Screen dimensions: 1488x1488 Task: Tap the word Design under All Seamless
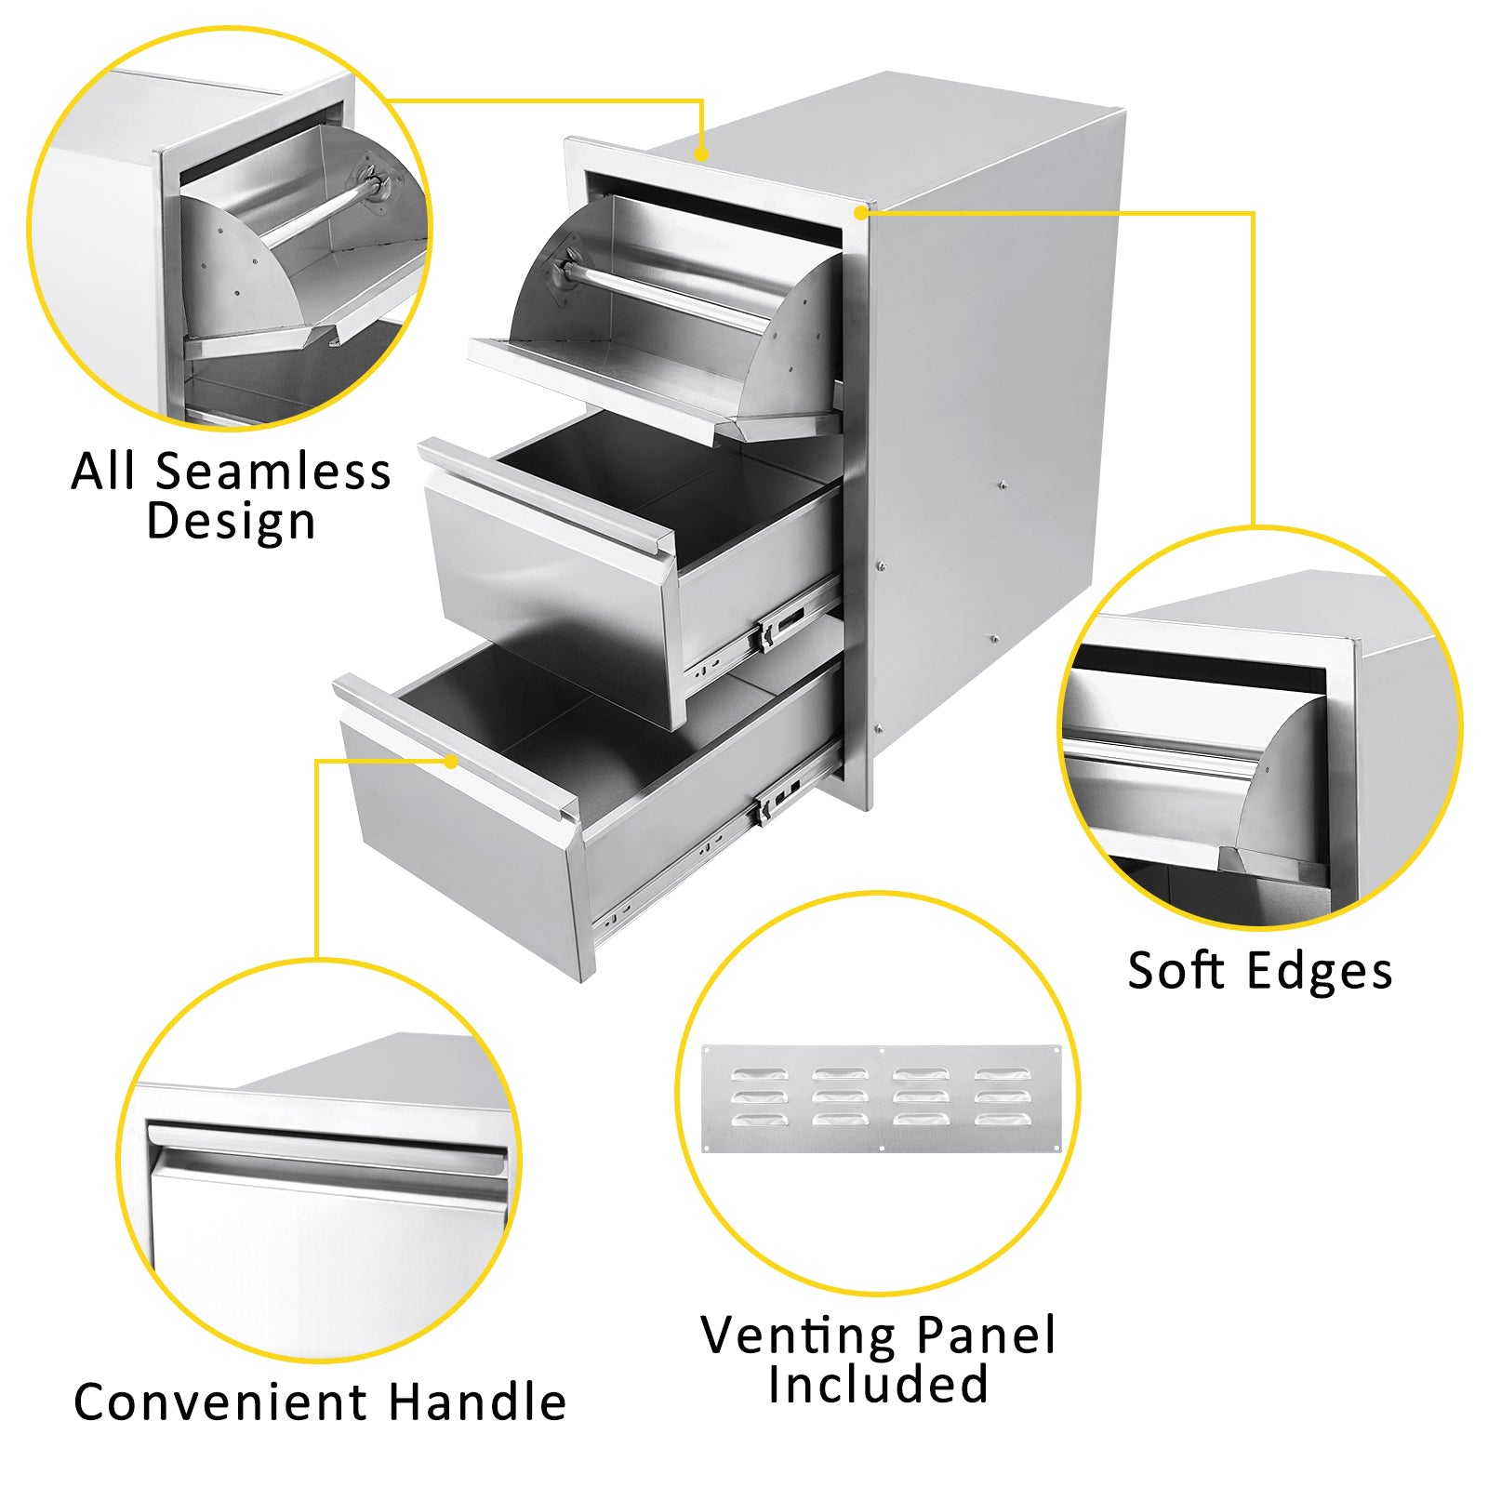coord(232,523)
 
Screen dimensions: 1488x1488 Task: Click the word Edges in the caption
coord(1321,973)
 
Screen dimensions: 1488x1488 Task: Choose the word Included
coord(878,1384)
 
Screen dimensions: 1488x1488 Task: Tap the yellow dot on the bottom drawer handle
coord(451,762)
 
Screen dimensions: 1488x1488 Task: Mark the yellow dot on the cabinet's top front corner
coord(860,213)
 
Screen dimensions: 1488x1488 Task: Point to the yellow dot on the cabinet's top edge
coord(701,154)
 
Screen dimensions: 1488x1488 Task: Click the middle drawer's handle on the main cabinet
coord(547,498)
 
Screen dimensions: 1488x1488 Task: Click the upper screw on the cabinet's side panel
coord(1002,485)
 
